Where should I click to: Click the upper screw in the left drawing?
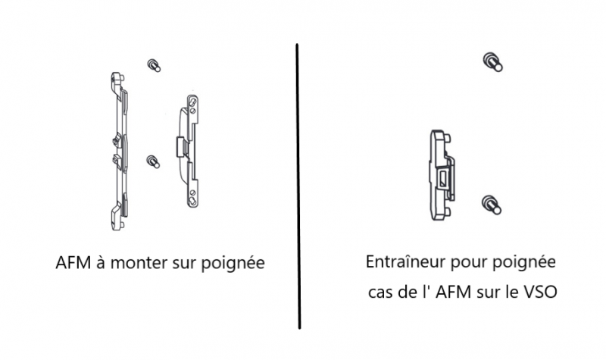point(154,65)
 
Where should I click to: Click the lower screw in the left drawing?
point(153,161)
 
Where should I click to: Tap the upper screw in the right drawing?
point(493,62)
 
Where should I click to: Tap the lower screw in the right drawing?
point(492,205)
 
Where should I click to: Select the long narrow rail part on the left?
point(119,151)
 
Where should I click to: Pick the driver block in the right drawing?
point(442,175)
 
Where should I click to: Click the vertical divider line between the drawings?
point(298,186)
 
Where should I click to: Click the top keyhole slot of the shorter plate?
point(192,103)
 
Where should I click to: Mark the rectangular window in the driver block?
point(442,180)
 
